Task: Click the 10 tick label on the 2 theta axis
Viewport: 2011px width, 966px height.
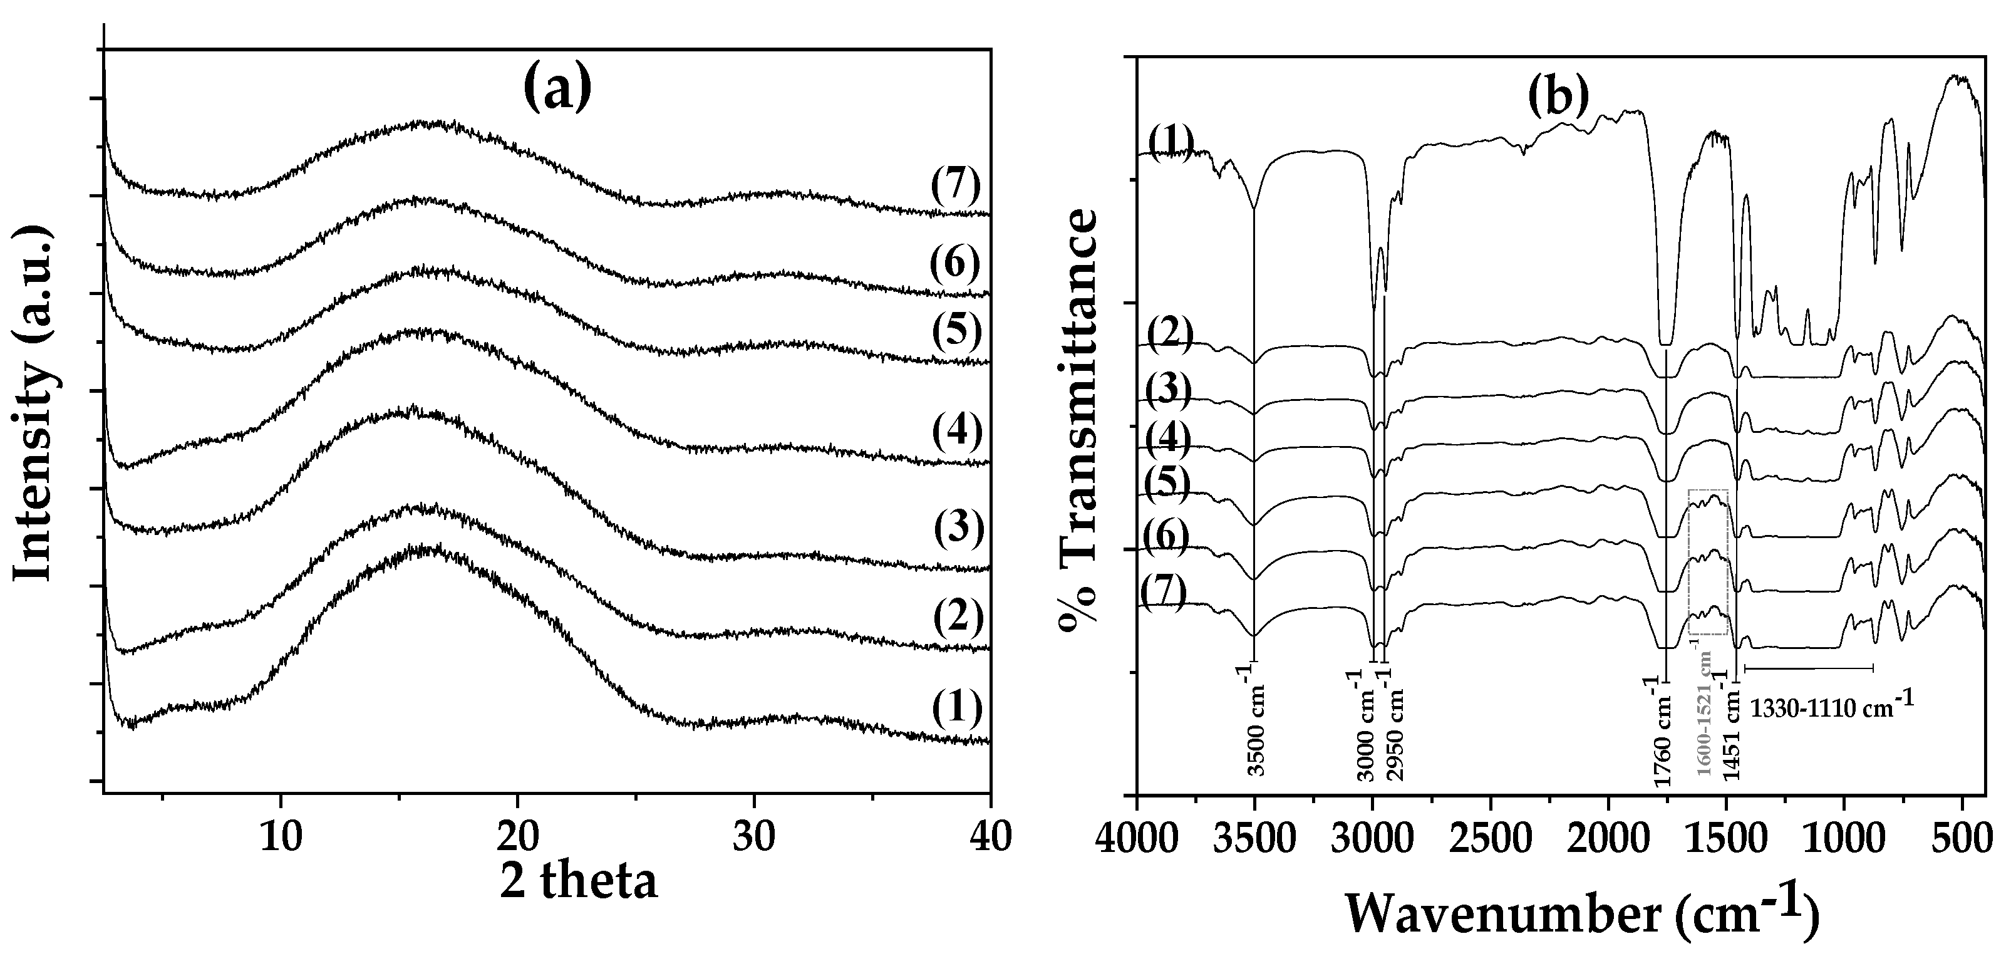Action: [280, 836]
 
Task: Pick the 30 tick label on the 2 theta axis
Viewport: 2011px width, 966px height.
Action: [753, 836]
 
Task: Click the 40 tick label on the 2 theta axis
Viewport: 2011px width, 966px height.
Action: [989, 836]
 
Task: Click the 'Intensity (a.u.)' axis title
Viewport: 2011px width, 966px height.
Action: [35, 405]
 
